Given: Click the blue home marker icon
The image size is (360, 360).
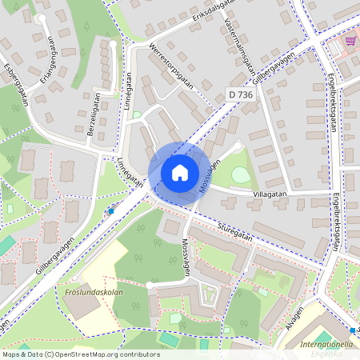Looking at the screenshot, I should coord(180,172).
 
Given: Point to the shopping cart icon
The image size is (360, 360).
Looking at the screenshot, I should coord(350,41).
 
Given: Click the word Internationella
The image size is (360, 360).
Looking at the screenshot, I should coord(326,345).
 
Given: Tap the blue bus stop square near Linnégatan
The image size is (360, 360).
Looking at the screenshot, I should coord(110,211).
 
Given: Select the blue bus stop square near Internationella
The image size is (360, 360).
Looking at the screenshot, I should coord(352,330).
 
